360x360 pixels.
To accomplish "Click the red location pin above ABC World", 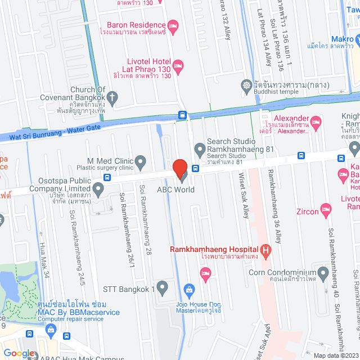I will point(179,168).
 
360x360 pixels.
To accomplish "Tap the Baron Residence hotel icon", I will point(173,25).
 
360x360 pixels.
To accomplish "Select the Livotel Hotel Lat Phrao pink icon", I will point(178,66).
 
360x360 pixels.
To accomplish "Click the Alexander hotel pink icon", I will point(316,121).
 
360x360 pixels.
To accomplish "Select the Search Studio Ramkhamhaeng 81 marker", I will point(199,150).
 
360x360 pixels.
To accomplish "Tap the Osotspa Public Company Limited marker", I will point(99,190).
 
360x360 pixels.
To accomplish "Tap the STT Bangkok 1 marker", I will point(163,289).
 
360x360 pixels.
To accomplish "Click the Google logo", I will point(19,353).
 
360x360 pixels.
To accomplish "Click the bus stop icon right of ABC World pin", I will point(195,168).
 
